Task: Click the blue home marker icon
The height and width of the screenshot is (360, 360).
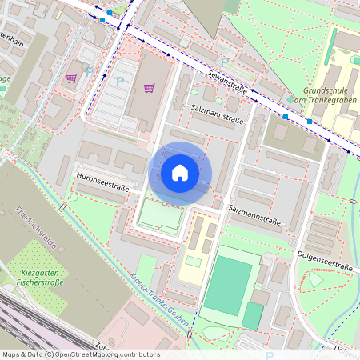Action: click(180, 172)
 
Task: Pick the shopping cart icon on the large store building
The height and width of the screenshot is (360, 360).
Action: click(149, 87)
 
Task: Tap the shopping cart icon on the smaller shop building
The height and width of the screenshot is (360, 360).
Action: click(71, 78)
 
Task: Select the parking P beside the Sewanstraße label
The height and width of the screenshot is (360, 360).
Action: click(225, 61)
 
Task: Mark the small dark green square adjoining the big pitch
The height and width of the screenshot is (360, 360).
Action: click(253, 315)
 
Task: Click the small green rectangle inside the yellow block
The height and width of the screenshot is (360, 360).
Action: click(193, 261)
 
